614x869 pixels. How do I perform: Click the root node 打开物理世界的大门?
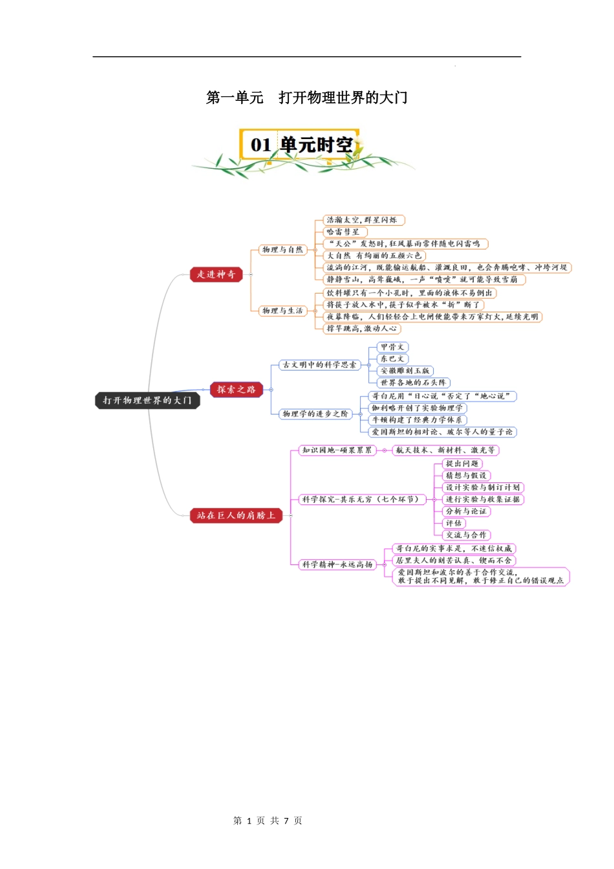coord(147,400)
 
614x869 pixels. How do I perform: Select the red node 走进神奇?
coord(216,274)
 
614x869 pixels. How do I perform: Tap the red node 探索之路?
coord(236,389)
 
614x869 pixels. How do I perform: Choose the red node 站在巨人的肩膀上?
coord(236,515)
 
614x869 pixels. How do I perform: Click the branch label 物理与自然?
coord(282,250)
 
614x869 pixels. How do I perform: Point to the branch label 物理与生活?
coord(282,310)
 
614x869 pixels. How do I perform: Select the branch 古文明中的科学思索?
coord(319,365)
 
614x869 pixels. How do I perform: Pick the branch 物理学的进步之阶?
coord(315,414)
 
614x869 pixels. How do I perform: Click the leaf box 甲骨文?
coord(392,347)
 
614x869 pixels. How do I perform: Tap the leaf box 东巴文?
coord(392,359)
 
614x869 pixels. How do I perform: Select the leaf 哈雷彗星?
coord(344,231)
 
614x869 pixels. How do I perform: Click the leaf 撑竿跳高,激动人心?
coord(362,328)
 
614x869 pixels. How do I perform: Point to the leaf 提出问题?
coord(462,464)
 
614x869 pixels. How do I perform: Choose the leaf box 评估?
coord(454,523)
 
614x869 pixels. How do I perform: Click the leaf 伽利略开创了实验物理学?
coord(417,408)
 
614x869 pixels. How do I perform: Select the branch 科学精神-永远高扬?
coord(337,564)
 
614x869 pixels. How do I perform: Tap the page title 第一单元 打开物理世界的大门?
coord(306,98)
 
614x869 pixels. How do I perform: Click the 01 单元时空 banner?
coord(302,145)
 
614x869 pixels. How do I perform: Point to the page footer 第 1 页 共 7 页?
coord(268,821)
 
